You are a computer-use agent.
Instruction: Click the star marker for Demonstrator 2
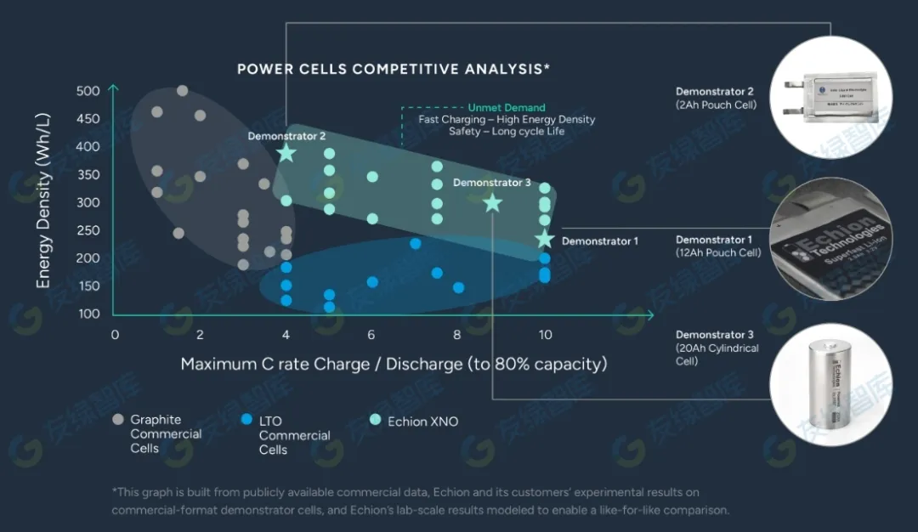tap(286, 153)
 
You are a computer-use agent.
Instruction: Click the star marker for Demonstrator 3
tap(492, 202)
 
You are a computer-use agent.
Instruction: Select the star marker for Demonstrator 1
tap(545, 240)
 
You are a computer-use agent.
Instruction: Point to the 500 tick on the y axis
tap(88, 91)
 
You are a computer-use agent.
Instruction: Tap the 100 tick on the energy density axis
tap(88, 314)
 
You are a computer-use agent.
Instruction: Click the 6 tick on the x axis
tap(371, 334)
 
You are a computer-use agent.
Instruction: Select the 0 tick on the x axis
tap(115, 334)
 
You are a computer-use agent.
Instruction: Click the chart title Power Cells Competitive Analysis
tap(394, 69)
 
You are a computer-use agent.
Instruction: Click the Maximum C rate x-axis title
tap(394, 365)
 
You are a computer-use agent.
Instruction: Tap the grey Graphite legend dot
tap(117, 419)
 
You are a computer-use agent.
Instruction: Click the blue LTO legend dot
tap(246, 419)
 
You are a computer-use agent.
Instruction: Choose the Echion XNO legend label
tap(422, 422)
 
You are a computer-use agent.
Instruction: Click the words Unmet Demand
tap(507, 108)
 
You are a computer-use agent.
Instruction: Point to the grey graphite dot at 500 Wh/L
tap(182, 90)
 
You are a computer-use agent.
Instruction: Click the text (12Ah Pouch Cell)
tap(718, 252)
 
